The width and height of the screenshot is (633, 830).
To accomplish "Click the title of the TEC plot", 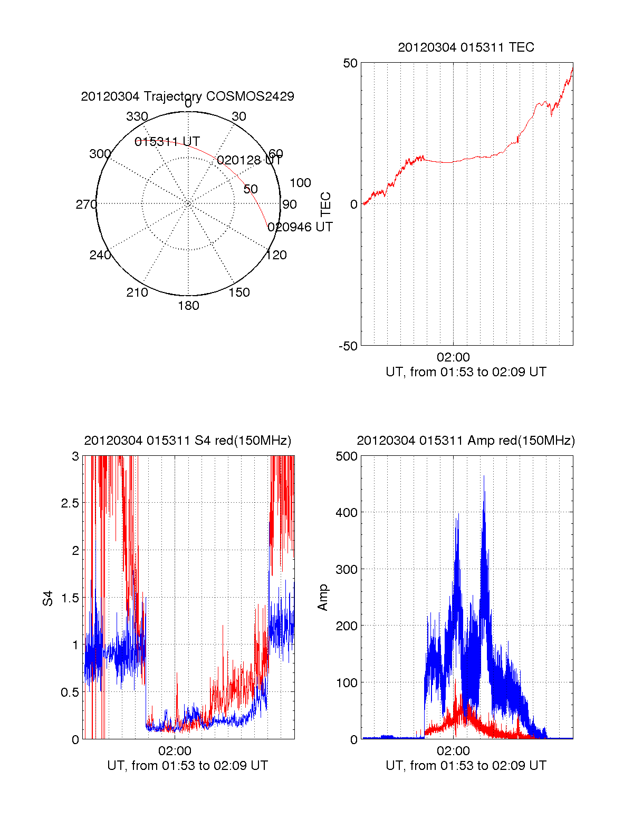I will [x=466, y=47].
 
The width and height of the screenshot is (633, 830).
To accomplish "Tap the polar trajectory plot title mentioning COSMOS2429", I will [x=187, y=96].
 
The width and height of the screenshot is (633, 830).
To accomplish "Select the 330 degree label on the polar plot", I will [x=137, y=116].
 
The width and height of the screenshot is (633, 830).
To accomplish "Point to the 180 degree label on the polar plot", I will [x=188, y=306].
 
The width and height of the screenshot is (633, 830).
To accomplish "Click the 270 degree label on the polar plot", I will [x=86, y=204].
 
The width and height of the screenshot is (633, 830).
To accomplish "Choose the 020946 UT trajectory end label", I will [x=300, y=227].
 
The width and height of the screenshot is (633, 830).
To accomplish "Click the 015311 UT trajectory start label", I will [x=167, y=142].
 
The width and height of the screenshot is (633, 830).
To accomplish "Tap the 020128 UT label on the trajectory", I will [x=250, y=160].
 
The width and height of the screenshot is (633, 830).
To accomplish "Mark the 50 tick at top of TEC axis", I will [x=350, y=63].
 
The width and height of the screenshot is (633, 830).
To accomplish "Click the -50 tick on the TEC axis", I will [x=348, y=346].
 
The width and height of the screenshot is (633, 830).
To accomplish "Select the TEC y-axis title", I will [x=326, y=204].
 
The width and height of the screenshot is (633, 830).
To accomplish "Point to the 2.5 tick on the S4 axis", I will [x=70, y=503].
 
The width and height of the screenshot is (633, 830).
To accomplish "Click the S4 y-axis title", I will [x=48, y=598].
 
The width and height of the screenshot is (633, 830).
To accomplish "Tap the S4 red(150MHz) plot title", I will [x=187, y=441].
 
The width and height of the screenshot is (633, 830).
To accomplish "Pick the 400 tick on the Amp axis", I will [x=347, y=512].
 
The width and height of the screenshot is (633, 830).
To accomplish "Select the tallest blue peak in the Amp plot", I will [x=484, y=477].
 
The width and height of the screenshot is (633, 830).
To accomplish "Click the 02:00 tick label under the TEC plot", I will [x=453, y=357].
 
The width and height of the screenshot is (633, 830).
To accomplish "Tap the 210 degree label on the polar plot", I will [x=137, y=292].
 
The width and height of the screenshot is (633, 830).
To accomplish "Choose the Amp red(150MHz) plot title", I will [x=466, y=441].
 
